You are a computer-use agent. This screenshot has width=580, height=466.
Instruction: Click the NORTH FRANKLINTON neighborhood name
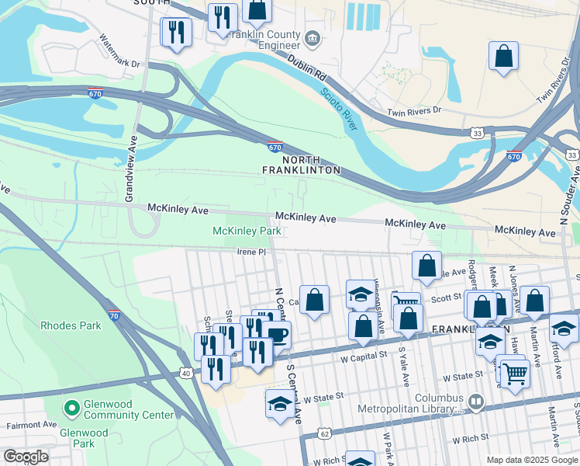coord(302,164)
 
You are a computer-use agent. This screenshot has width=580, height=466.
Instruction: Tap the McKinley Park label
coord(247,231)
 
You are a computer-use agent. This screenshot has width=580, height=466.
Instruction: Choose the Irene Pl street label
coord(252,252)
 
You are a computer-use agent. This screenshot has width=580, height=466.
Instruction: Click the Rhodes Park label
coord(70,325)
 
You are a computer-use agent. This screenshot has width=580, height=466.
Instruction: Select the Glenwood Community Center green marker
coord(71,407)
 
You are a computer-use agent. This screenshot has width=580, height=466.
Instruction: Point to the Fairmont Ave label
coord(31,426)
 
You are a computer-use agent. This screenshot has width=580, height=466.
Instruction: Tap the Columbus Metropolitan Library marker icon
coord(475,402)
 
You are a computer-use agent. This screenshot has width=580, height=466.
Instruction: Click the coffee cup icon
coord(276,336)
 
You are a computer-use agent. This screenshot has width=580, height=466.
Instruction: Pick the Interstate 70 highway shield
coord(114,315)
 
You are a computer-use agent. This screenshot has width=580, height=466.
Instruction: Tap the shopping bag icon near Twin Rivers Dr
coord(503,57)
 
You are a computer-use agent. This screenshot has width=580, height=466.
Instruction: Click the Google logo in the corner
coord(26,457)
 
